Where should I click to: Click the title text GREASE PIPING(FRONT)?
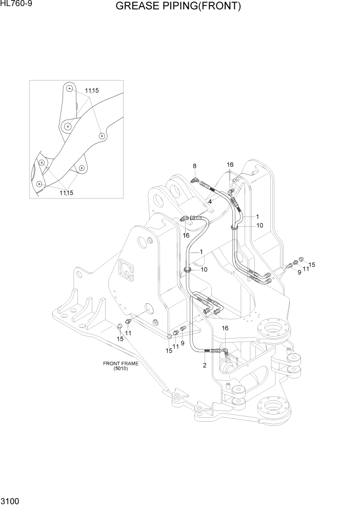[x=178, y=7]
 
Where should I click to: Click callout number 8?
[x=195, y=166]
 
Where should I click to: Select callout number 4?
[x=210, y=202]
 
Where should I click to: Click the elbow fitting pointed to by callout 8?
[x=195, y=180]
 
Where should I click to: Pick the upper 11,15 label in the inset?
[x=92, y=91]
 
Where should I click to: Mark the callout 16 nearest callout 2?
[x=225, y=328]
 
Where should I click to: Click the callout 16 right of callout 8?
[x=230, y=165]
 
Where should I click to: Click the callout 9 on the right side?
[x=299, y=272]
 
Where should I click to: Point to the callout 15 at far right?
[x=312, y=265]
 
